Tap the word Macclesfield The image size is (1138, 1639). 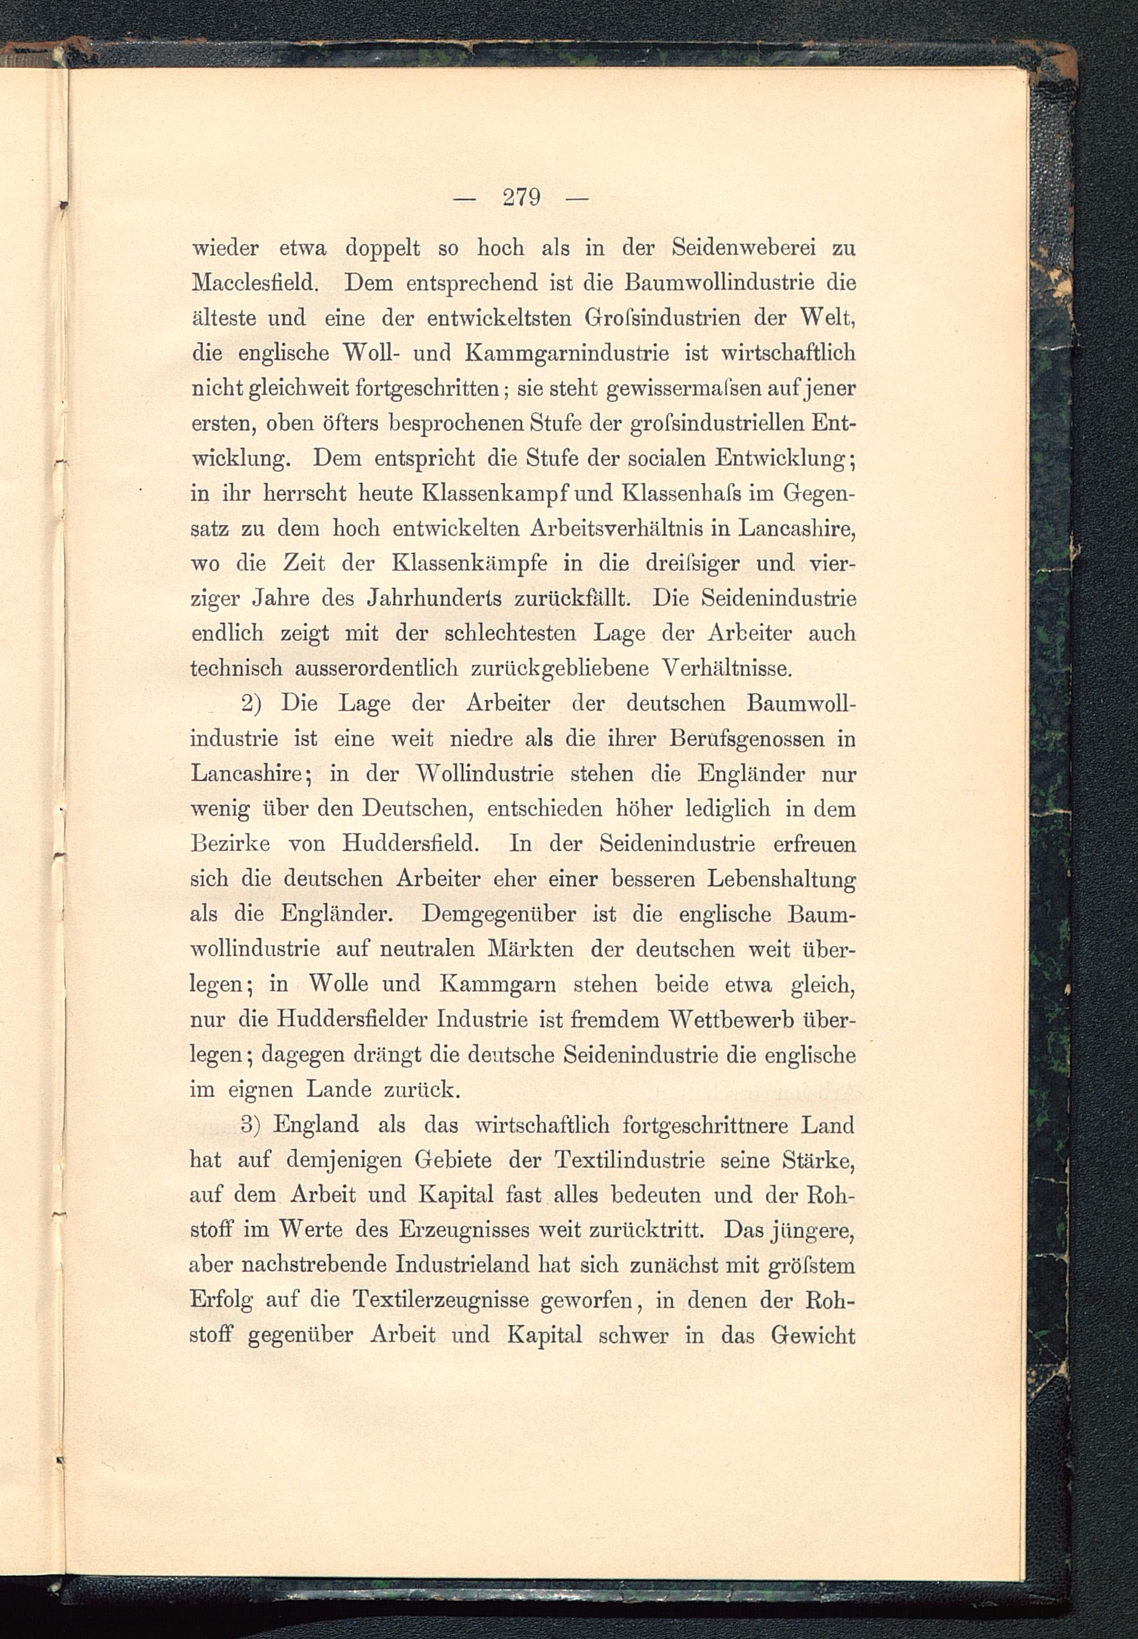254,283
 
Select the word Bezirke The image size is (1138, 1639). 230,845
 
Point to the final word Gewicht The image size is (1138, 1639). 813,1335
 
